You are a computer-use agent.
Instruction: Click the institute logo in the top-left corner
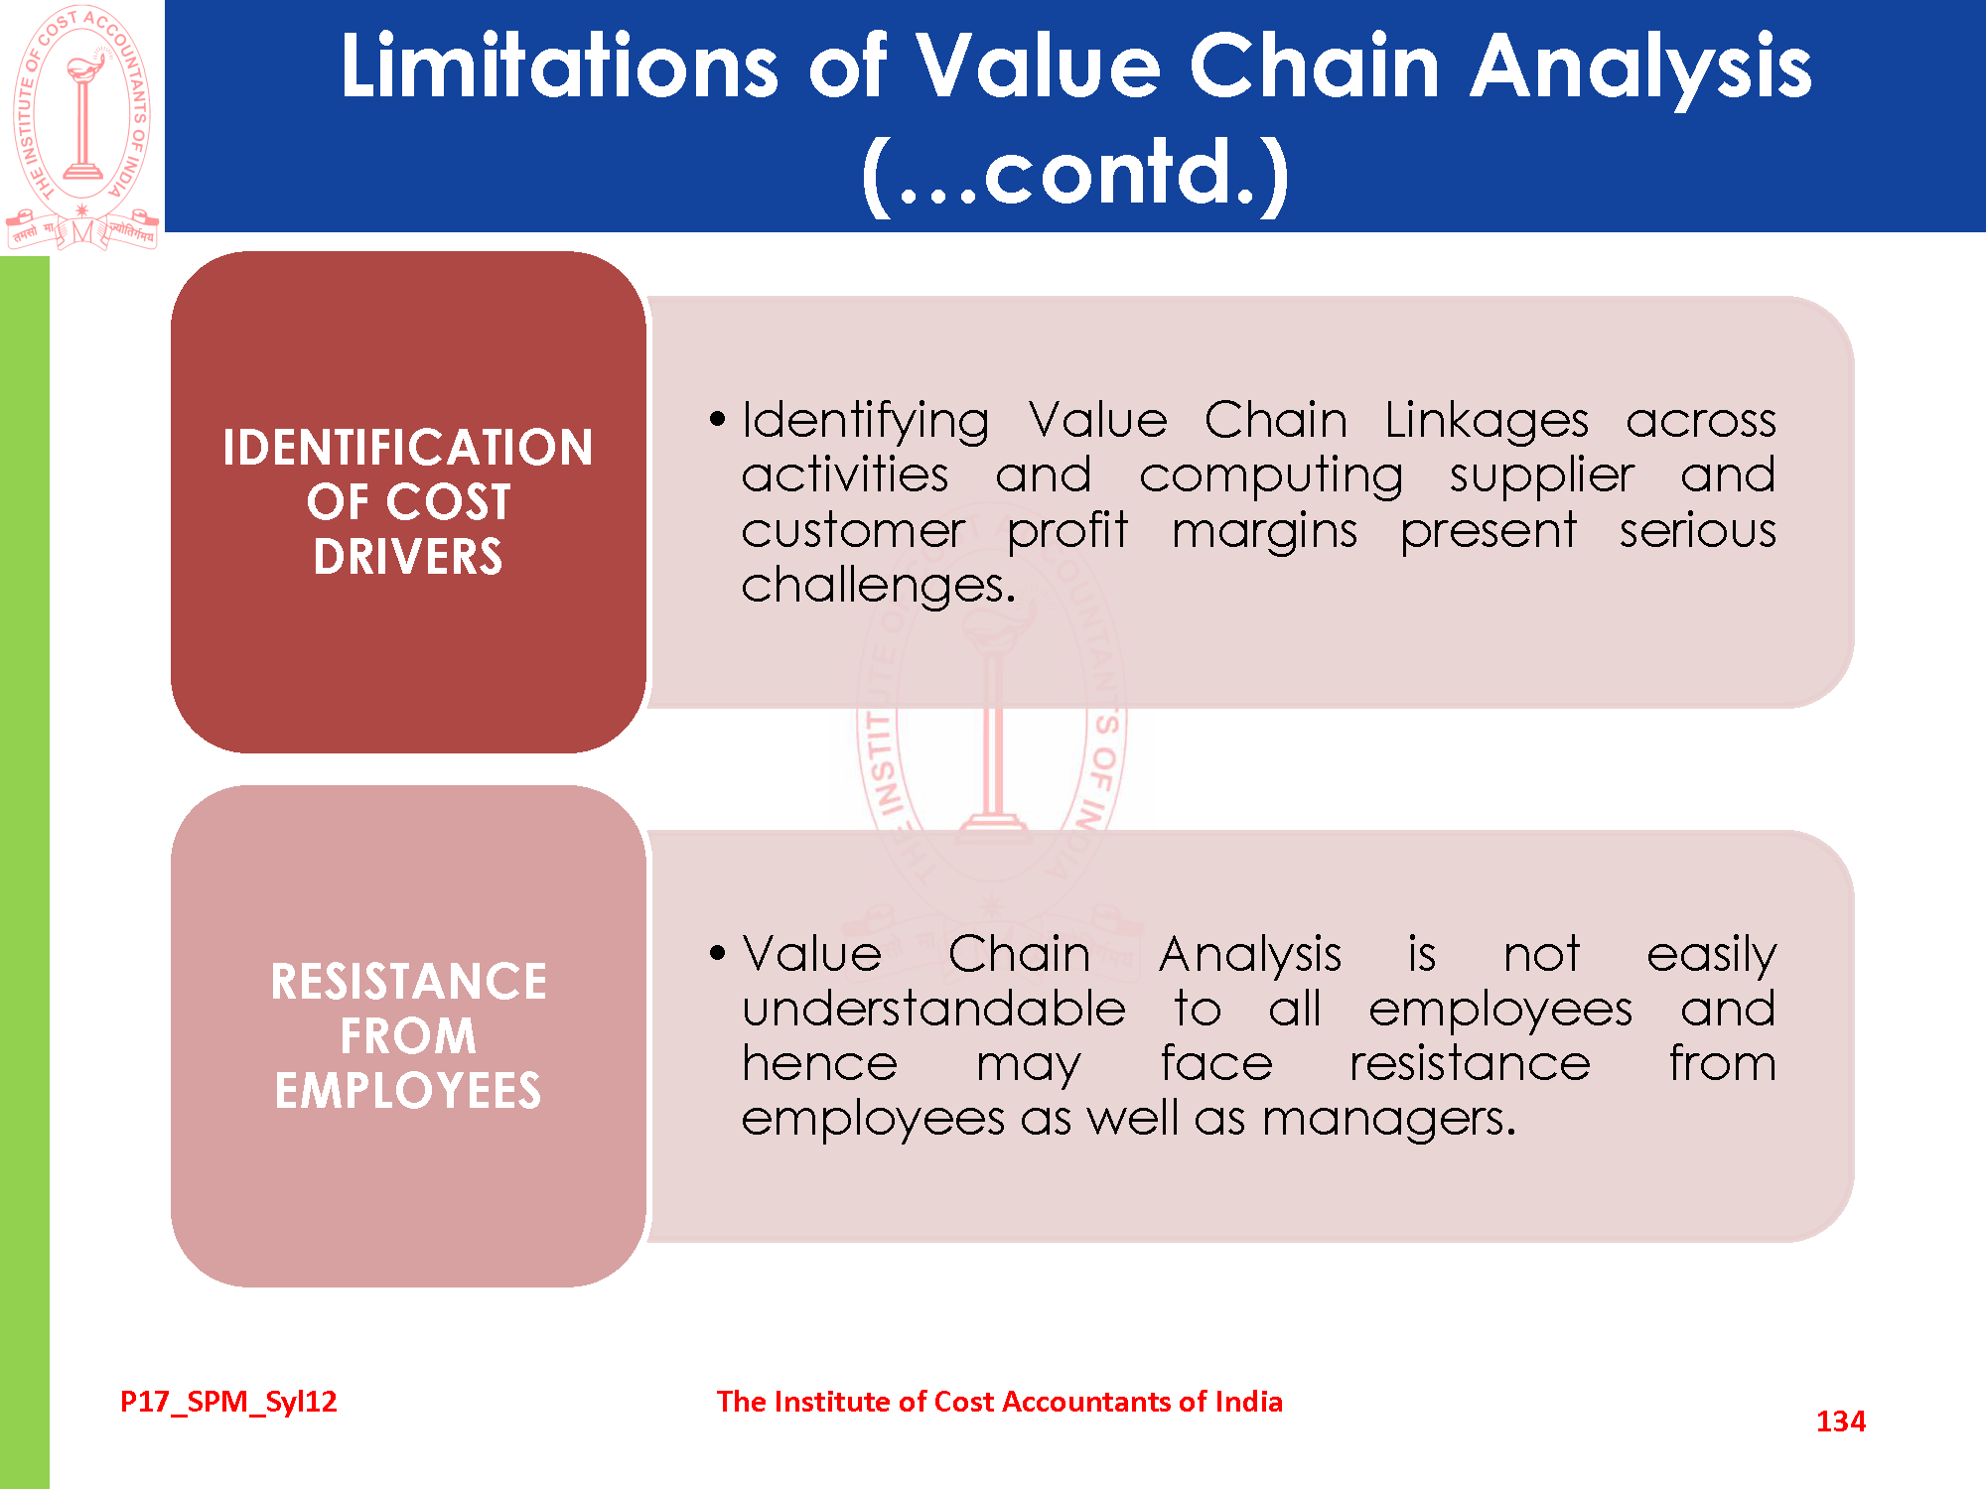[82, 127]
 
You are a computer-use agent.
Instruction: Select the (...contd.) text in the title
[1075, 174]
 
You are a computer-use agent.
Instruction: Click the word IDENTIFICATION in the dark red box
[408, 448]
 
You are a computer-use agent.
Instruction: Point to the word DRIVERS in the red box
[408, 557]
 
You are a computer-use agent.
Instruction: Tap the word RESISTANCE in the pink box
[408, 982]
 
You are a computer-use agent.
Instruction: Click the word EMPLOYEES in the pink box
[408, 1091]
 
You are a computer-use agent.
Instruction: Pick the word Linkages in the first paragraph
[1487, 421]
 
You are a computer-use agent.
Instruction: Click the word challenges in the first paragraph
[879, 586]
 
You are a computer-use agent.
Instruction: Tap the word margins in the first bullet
[1264, 532]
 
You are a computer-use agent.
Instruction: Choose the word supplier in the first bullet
[1541, 476]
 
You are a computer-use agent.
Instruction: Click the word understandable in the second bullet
[933, 1009]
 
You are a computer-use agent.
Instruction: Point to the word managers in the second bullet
[1389, 1120]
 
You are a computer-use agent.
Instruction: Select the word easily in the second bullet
[1711, 956]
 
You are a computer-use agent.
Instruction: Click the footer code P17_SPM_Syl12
[228, 1402]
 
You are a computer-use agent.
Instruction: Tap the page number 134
[1840, 1421]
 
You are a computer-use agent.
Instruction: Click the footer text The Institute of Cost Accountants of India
[1000, 1402]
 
